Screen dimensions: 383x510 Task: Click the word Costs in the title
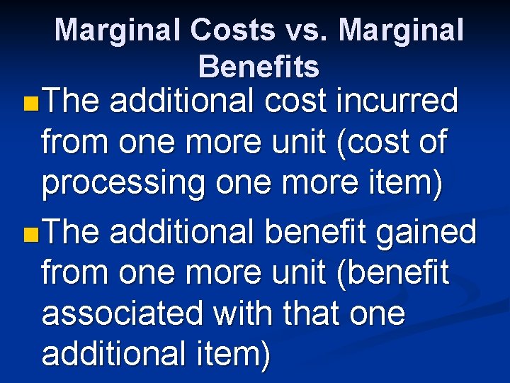[x=232, y=30]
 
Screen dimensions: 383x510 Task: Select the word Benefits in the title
[x=259, y=67]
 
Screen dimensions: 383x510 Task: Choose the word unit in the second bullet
[x=297, y=272]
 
